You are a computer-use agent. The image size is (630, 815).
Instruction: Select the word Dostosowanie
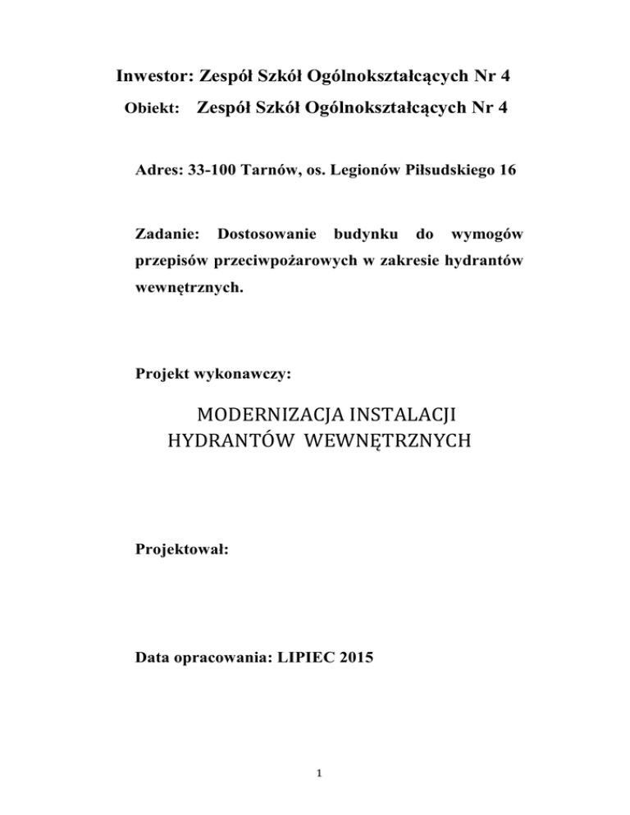coord(266,235)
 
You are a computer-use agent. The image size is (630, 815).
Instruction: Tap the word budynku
coord(368,235)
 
